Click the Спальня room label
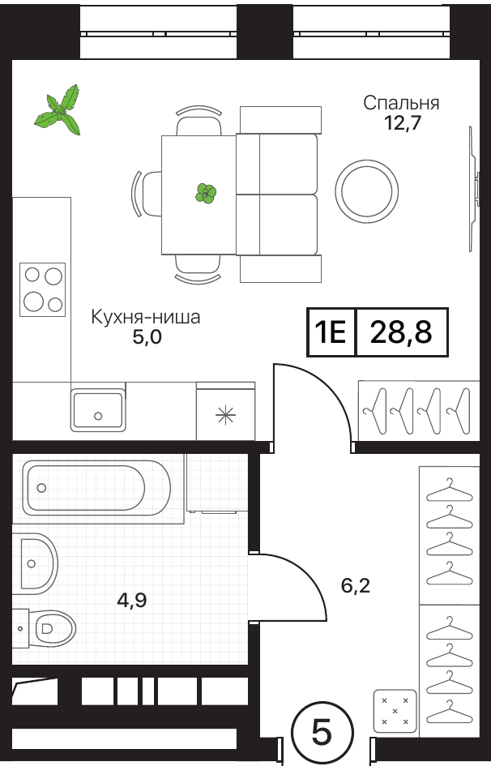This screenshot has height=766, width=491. (401, 103)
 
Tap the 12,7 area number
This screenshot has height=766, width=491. (402, 123)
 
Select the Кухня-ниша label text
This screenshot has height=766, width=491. (146, 317)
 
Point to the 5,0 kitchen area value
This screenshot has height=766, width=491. (147, 337)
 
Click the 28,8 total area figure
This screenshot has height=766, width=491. (401, 332)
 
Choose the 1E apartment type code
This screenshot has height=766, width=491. (331, 332)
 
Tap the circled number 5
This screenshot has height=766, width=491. (322, 733)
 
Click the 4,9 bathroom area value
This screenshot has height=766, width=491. (132, 601)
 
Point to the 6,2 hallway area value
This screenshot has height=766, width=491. (356, 584)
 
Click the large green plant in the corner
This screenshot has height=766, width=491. (58, 111)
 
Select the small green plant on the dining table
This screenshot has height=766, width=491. (206, 194)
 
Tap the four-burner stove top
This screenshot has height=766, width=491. (42, 289)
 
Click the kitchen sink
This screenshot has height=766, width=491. (98, 409)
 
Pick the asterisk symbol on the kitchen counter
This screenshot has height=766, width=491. (225, 415)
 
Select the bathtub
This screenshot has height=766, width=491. (96, 487)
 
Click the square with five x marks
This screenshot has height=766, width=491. (395, 711)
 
